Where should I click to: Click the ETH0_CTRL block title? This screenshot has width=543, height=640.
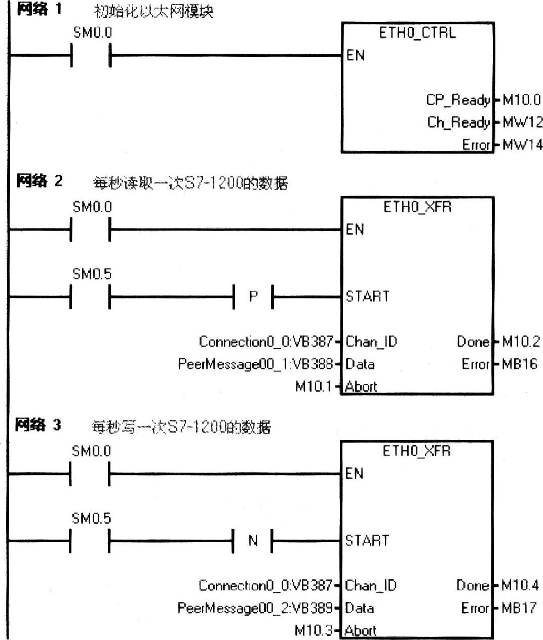[417, 33]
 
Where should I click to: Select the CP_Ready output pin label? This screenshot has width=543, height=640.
[458, 100]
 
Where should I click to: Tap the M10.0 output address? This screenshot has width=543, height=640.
[521, 100]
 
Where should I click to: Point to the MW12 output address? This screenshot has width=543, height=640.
[522, 122]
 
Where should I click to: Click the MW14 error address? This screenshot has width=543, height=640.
[522, 145]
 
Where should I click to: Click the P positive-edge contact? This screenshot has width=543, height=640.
[253, 296]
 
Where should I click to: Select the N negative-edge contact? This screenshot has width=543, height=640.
[253, 541]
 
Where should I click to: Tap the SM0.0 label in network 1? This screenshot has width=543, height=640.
[93, 33]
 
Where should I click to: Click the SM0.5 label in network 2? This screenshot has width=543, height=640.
[92, 274]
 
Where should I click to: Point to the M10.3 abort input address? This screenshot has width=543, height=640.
[313, 631]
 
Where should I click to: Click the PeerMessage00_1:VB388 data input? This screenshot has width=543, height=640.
[255, 364]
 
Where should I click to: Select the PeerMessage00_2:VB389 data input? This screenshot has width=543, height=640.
[255, 608]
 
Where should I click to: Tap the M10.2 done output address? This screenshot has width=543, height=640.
[521, 342]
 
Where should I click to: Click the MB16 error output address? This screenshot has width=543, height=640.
[519, 364]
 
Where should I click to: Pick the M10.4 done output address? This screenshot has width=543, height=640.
[520, 586]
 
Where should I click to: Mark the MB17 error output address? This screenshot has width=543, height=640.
[518, 608]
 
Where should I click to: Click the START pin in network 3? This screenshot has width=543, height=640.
[367, 541]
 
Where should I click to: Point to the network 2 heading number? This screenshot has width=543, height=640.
[58, 180]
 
